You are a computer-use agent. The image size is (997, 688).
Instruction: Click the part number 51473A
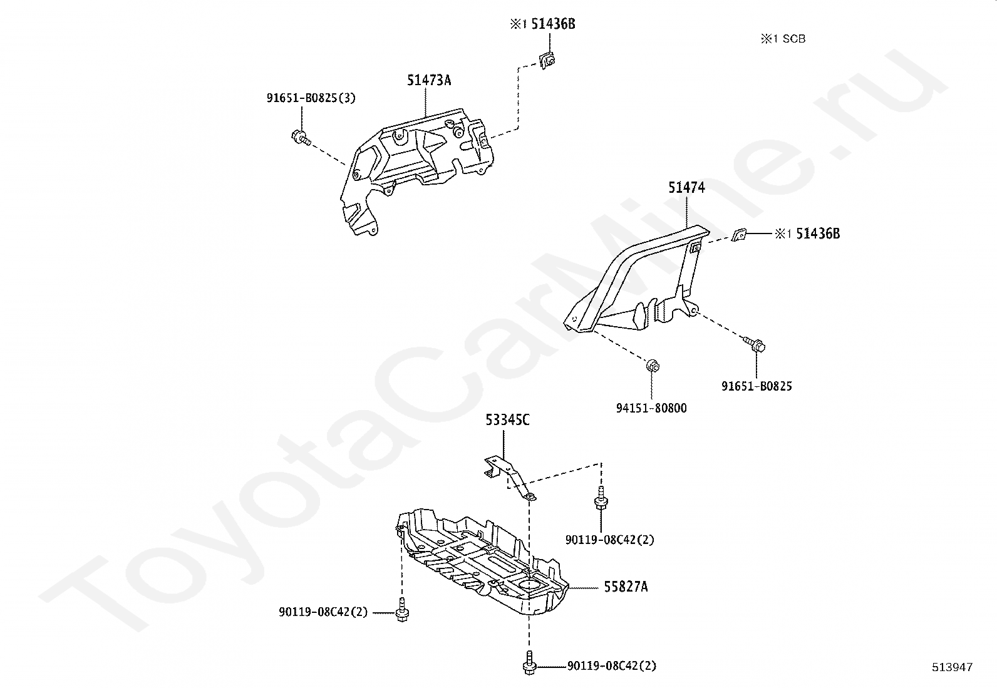[x=428, y=80]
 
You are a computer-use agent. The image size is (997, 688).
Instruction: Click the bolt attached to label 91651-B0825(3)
[x=299, y=136]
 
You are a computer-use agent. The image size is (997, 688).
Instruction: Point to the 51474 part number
[x=686, y=187]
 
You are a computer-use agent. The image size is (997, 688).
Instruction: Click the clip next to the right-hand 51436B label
[x=740, y=234]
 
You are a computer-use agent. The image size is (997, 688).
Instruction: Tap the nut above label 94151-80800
[x=652, y=365]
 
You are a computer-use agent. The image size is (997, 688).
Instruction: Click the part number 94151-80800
[x=651, y=409]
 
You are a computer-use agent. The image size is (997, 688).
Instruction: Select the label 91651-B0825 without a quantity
[x=756, y=386]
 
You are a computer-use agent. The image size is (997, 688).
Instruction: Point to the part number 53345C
[x=507, y=420]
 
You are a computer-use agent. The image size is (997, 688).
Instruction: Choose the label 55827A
[x=626, y=587]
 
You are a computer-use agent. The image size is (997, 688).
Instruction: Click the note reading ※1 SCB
[x=783, y=39]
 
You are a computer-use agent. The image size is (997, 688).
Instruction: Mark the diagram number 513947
[x=952, y=667]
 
